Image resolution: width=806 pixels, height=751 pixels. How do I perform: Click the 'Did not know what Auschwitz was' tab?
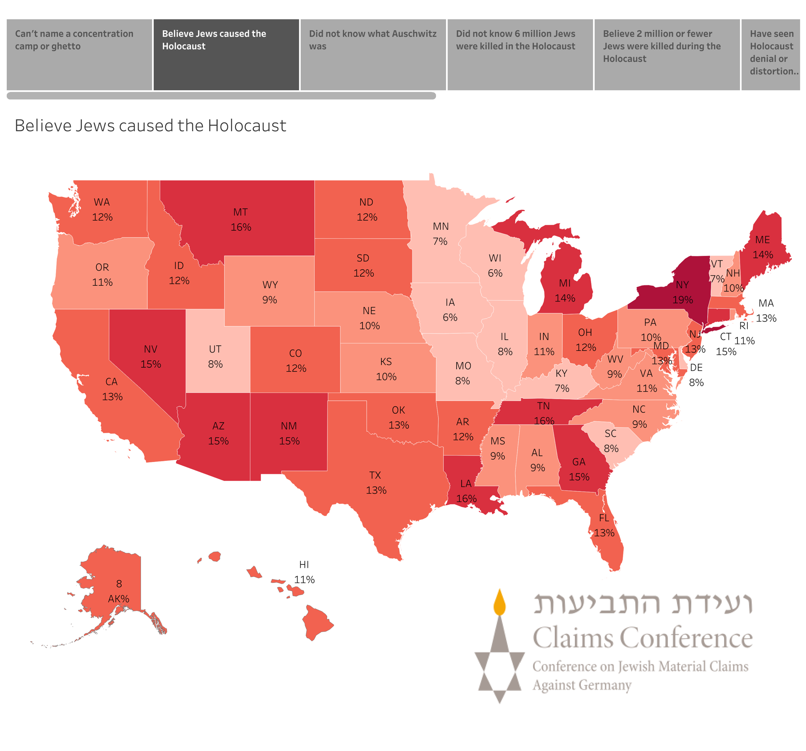pos(373,54)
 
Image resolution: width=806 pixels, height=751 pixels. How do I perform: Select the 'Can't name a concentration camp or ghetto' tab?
pos(79,54)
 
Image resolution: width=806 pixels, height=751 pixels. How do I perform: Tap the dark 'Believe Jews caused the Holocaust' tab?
pos(226,54)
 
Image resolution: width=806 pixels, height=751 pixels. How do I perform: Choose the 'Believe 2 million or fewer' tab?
pos(667,54)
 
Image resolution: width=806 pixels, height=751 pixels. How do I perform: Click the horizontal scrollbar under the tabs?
pos(221,96)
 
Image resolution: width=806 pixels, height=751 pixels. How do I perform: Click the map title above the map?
pos(150,126)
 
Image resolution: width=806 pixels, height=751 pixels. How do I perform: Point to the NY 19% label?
pos(682,292)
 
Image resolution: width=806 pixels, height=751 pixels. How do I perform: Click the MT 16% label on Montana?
pos(240,219)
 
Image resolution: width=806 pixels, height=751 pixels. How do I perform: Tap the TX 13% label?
pos(375,483)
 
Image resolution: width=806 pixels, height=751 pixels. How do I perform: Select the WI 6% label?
pos(495,266)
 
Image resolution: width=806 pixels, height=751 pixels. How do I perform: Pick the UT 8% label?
pos(215,357)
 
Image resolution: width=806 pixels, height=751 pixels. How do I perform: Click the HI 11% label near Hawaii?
pos(304,572)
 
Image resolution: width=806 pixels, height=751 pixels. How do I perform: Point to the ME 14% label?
pos(763,247)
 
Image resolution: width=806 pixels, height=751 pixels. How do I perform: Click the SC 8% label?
pos(610,441)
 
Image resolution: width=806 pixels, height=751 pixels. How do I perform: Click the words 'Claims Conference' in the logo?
pos(642,638)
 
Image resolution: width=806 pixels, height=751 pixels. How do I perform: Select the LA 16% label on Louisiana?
pos(466,491)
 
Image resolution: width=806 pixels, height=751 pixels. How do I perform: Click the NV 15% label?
pos(150,357)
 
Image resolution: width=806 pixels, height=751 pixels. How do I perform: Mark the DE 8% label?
pos(696,375)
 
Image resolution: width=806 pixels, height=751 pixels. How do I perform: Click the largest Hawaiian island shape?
pos(316,622)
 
